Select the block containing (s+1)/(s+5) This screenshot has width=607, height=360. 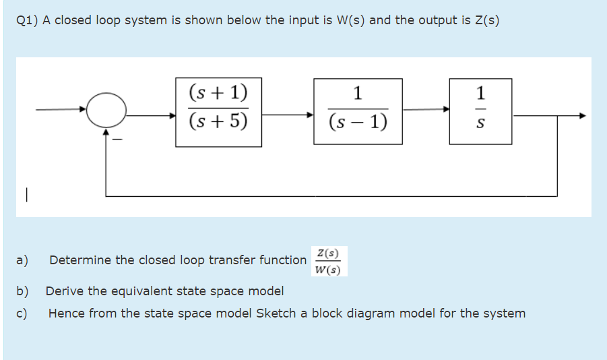pyautogui.click(x=218, y=111)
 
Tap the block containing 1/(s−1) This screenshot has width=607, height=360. pyautogui.click(x=358, y=111)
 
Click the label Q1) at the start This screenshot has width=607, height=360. pyautogui.click(x=26, y=20)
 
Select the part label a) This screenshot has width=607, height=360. pyautogui.click(x=22, y=260)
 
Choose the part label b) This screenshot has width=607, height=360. pyautogui.click(x=23, y=291)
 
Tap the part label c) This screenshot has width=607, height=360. pyautogui.click(x=22, y=313)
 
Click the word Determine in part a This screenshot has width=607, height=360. pyautogui.click(x=79, y=260)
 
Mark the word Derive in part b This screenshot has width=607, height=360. pyautogui.click(x=65, y=291)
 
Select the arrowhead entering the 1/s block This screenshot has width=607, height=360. pyautogui.click(x=446, y=109)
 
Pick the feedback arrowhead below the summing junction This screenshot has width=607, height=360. pyautogui.click(x=106, y=132)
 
